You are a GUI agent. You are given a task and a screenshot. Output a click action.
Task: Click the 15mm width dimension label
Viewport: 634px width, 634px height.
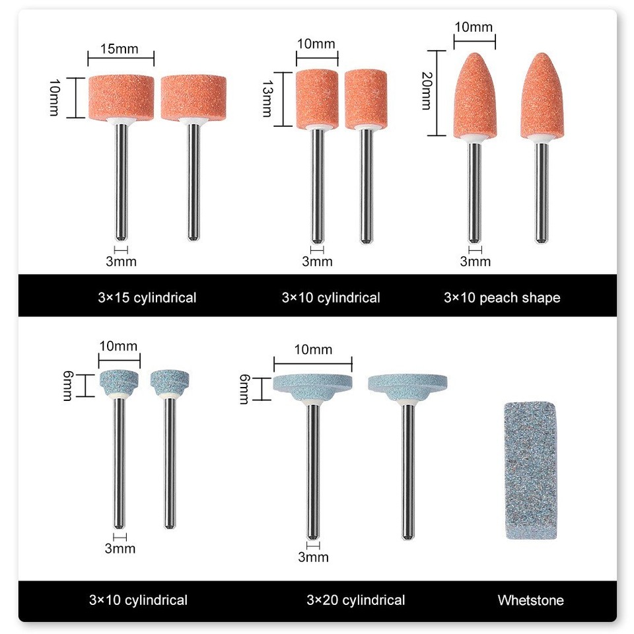[x=120, y=49]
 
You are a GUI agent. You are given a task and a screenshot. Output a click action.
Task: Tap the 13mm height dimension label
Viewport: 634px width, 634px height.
[x=267, y=98]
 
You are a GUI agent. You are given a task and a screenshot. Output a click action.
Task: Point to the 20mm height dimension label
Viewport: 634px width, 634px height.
[x=427, y=90]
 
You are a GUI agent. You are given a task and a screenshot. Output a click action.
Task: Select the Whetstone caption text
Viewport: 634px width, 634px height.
[x=530, y=600]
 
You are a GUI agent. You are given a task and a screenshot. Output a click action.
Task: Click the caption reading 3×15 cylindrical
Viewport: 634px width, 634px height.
[x=147, y=298]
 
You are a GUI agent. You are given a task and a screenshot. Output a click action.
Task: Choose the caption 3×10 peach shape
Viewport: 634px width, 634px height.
[x=502, y=298]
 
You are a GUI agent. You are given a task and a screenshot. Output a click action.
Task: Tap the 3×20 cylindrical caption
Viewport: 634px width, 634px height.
[x=356, y=600]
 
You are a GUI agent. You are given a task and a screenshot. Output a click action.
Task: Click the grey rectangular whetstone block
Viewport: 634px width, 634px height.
[x=530, y=471]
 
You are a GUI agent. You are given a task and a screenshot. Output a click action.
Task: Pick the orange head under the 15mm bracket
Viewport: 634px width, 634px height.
[x=122, y=98]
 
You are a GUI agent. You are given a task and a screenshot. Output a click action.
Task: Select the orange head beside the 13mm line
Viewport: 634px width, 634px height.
[x=317, y=100]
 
